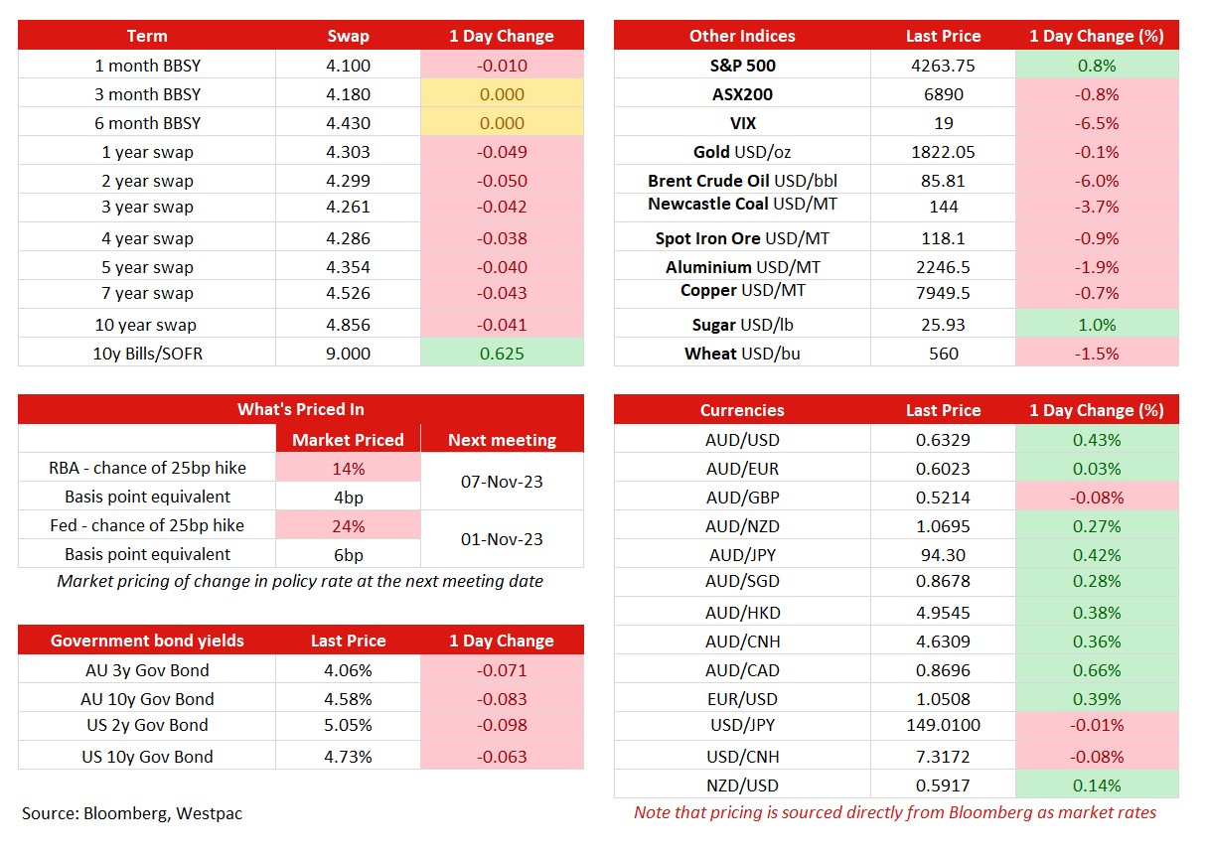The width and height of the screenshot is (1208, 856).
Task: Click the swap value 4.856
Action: (348, 325)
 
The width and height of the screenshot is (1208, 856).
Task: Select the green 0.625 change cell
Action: (502, 353)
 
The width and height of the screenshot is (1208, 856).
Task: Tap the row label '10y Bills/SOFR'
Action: (147, 354)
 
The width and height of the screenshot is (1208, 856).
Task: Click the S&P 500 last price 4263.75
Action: (943, 66)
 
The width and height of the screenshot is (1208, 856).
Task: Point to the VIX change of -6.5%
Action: (1097, 123)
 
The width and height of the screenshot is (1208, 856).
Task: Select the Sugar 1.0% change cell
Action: (1097, 325)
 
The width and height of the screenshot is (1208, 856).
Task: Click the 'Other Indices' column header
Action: (742, 36)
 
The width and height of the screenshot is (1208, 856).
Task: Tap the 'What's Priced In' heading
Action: (300, 409)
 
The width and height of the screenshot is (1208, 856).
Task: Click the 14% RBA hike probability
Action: (348, 469)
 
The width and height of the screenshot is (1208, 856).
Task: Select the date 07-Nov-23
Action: (502, 482)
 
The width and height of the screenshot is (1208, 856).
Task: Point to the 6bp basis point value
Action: (348, 555)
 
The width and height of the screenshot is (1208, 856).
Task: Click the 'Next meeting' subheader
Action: (502, 440)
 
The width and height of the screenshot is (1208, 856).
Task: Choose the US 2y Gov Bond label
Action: (147, 725)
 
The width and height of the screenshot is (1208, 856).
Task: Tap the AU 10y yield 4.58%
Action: (348, 699)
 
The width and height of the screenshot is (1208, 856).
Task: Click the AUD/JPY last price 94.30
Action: (943, 555)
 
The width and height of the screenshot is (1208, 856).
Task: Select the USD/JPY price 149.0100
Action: (943, 725)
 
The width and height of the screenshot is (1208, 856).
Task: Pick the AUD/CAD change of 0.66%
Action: (1097, 670)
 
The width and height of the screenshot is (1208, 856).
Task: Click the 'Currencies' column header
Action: (742, 410)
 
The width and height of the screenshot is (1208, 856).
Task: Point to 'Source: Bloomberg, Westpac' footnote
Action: (132, 813)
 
